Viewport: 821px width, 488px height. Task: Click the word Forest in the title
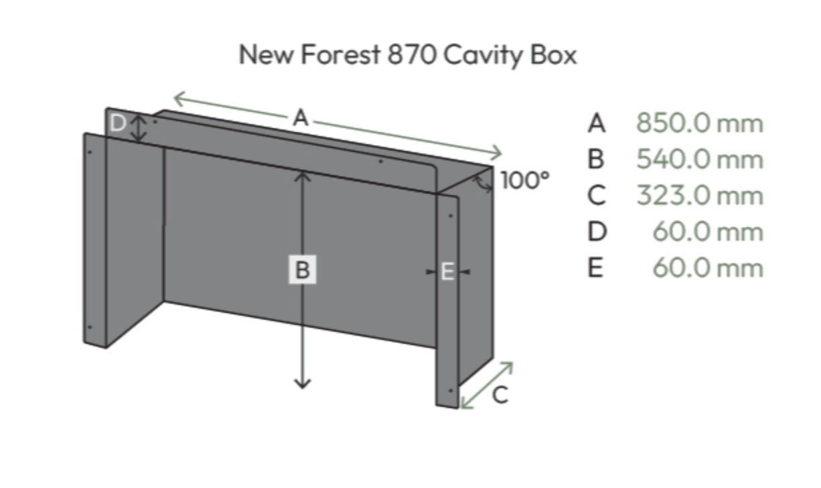(x=340, y=54)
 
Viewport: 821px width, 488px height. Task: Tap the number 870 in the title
(x=412, y=54)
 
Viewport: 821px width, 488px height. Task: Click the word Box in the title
(x=553, y=54)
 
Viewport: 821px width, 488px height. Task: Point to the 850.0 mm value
(x=700, y=123)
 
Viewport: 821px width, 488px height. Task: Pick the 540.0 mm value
(x=700, y=160)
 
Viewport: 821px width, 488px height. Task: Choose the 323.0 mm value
(x=700, y=195)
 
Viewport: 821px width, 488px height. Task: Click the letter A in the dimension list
(x=596, y=123)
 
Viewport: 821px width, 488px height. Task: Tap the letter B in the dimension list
(x=595, y=160)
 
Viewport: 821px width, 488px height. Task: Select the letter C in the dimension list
(x=596, y=195)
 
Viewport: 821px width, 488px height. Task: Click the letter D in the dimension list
(x=597, y=231)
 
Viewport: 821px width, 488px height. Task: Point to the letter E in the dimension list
(x=595, y=268)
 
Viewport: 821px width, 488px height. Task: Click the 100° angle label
(x=525, y=180)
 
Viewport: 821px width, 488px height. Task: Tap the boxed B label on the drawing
(x=303, y=270)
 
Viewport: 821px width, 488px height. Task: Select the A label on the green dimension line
(x=301, y=118)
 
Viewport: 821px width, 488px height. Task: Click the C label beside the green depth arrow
(x=500, y=395)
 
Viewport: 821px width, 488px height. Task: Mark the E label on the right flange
(x=448, y=272)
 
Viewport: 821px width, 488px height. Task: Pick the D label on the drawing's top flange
(x=118, y=123)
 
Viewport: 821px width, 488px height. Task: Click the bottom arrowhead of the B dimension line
(x=303, y=384)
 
